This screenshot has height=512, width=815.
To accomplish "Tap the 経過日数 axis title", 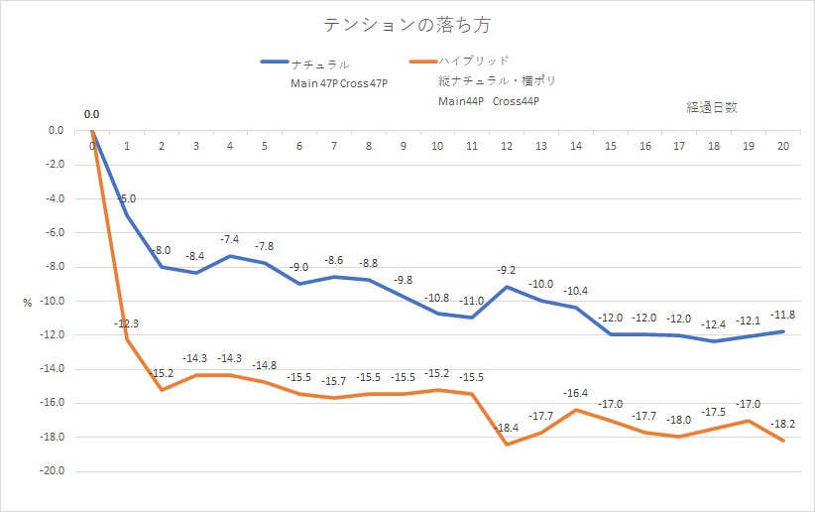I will pos(711,106).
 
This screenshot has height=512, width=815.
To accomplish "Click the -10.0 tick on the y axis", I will pos(49,301).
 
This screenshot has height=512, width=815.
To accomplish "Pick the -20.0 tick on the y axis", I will pos(49,471).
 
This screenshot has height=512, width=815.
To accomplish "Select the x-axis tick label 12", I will pos(507,147).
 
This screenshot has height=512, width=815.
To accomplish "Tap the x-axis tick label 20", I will pos(783,147).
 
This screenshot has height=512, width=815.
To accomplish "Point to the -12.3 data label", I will pos(126,323).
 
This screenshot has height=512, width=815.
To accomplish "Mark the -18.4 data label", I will pos(507,428).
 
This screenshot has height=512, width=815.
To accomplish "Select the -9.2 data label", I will pos(507,270).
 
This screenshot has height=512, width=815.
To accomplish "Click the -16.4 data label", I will pos(576,393).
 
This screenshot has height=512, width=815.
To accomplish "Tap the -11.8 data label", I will pos(783,315).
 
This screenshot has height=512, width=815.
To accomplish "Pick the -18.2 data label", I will pos(783,424).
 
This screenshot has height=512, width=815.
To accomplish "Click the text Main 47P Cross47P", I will pos(338,83).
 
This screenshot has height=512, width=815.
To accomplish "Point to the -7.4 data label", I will pos(230,239).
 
